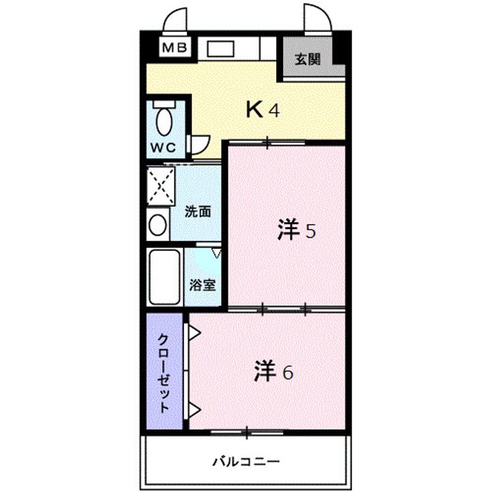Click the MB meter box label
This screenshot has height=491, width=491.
(x=176, y=47)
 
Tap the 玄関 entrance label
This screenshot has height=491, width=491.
(x=307, y=59)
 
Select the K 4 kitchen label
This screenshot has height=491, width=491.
(x=263, y=110)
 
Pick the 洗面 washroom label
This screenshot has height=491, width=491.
(x=198, y=211)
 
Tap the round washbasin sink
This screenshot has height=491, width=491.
(x=158, y=225)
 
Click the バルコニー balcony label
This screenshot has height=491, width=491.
(x=245, y=461)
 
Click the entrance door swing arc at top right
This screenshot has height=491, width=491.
(x=316, y=19)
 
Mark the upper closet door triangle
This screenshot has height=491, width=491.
(x=194, y=333)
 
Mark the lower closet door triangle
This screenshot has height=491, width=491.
(x=194, y=411)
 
